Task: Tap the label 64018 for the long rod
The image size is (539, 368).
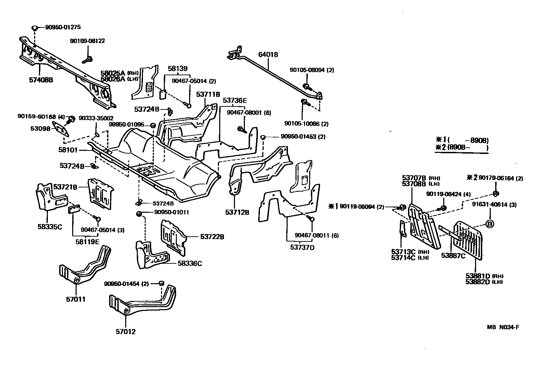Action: pos(268,54)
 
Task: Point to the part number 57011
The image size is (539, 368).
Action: pos(76,299)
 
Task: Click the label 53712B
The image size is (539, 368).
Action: pos(237,212)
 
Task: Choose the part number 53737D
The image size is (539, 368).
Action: pos(302,247)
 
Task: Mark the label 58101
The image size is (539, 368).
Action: pos(68,150)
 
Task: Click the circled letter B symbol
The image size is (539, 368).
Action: pos(489,224)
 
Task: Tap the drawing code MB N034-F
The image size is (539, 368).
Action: pos(503,327)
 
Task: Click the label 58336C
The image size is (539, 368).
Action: pos(190,263)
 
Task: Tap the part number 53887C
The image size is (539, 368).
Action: pos(453,255)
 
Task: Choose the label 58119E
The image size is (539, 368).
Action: pos(87,241)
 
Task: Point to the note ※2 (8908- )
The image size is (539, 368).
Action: pos(461,148)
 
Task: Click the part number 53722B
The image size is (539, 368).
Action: pos(212,236)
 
